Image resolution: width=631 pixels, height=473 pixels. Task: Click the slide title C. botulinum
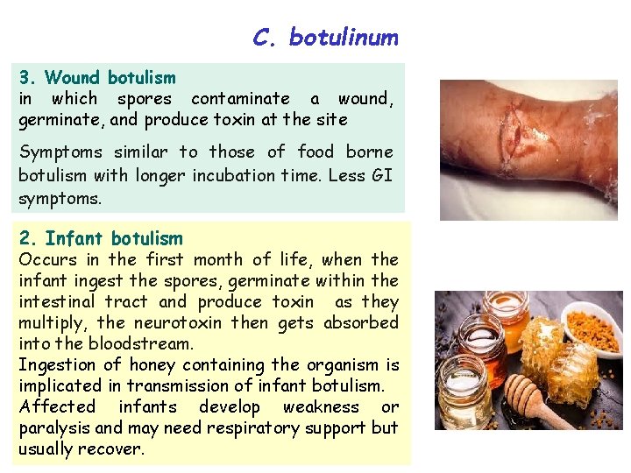[x=325, y=38]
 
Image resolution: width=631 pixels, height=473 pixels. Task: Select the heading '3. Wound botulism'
[x=97, y=79]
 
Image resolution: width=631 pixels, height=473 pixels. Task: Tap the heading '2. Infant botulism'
[x=101, y=238]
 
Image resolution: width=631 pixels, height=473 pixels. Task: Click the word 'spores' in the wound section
[x=145, y=99]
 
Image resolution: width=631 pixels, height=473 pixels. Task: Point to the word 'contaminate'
[x=240, y=99]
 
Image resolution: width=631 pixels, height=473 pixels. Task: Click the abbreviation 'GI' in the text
[x=381, y=174]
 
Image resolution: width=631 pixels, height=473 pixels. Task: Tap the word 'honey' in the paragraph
[x=152, y=364]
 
